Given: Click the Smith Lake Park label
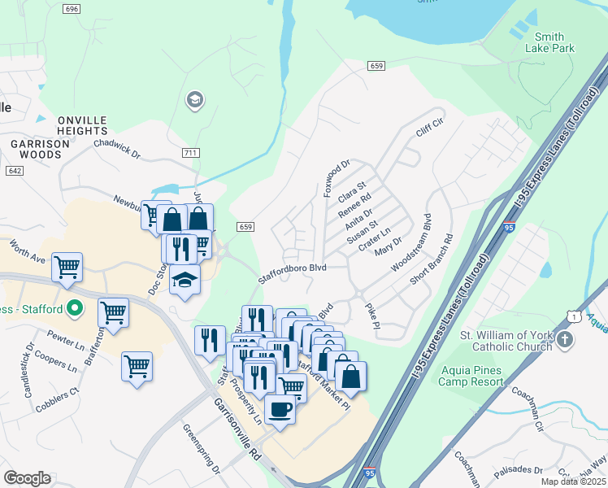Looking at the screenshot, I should coord(554,42).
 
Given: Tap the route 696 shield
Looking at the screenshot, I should coord(72,9).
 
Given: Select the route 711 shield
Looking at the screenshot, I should coord(191,153).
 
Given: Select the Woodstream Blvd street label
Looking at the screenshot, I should coord(410,243).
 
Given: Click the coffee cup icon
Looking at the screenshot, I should coord(280,409).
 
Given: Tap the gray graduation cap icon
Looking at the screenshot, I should coord(194,100).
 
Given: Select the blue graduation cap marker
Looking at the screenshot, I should coord(185,280).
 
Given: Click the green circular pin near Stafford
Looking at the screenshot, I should coord(75,308).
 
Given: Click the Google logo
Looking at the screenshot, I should coord(27,478).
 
